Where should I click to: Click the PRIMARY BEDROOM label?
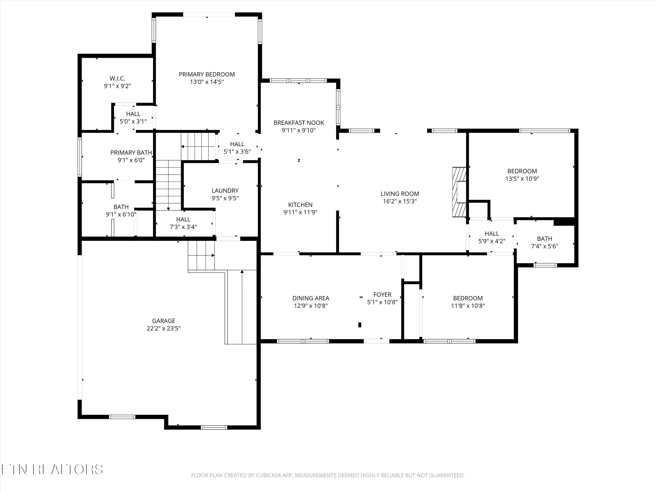point(207,74)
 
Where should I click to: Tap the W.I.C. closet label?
point(117,79)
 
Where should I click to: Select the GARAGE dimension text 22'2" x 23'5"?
point(164,328)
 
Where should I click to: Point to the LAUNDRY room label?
point(225,191)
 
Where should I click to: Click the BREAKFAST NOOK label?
point(299,123)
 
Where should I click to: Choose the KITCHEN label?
point(300,205)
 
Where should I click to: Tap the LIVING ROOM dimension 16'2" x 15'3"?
point(400,201)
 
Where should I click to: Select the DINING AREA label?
point(311,298)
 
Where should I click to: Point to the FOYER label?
point(382,295)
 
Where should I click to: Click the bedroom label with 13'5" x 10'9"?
point(522,171)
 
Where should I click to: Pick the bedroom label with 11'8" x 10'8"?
point(468,298)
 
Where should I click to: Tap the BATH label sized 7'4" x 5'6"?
point(545,239)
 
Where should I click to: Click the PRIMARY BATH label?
point(131,153)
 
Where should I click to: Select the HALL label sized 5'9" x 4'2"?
point(492,234)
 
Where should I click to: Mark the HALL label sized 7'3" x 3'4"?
point(183,220)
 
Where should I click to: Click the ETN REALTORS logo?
point(52,469)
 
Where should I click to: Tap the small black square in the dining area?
point(360,325)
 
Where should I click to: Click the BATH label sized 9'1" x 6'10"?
point(121,207)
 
